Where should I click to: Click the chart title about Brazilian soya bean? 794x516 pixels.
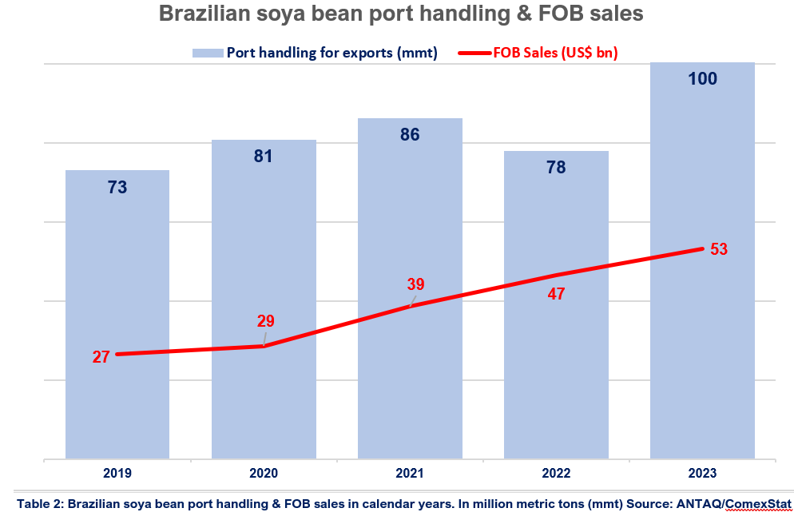click(x=401, y=14)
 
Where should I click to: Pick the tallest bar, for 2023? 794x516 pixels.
click(x=702, y=359)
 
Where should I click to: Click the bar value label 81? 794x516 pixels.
click(x=264, y=156)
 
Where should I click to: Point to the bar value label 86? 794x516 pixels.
click(x=410, y=134)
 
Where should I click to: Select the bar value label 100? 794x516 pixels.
click(x=702, y=78)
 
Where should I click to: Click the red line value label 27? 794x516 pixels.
click(x=101, y=357)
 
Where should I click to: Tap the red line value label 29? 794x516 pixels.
click(x=265, y=321)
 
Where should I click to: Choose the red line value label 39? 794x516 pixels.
click(x=415, y=284)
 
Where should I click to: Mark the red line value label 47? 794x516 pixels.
click(x=557, y=293)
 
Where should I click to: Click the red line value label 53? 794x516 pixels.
click(x=719, y=248)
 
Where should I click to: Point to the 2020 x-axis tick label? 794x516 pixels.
click(x=264, y=473)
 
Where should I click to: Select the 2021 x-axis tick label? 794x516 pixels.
click(x=410, y=473)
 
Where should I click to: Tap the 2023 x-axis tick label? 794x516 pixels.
click(x=702, y=473)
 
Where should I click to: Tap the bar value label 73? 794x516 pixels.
click(x=117, y=187)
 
